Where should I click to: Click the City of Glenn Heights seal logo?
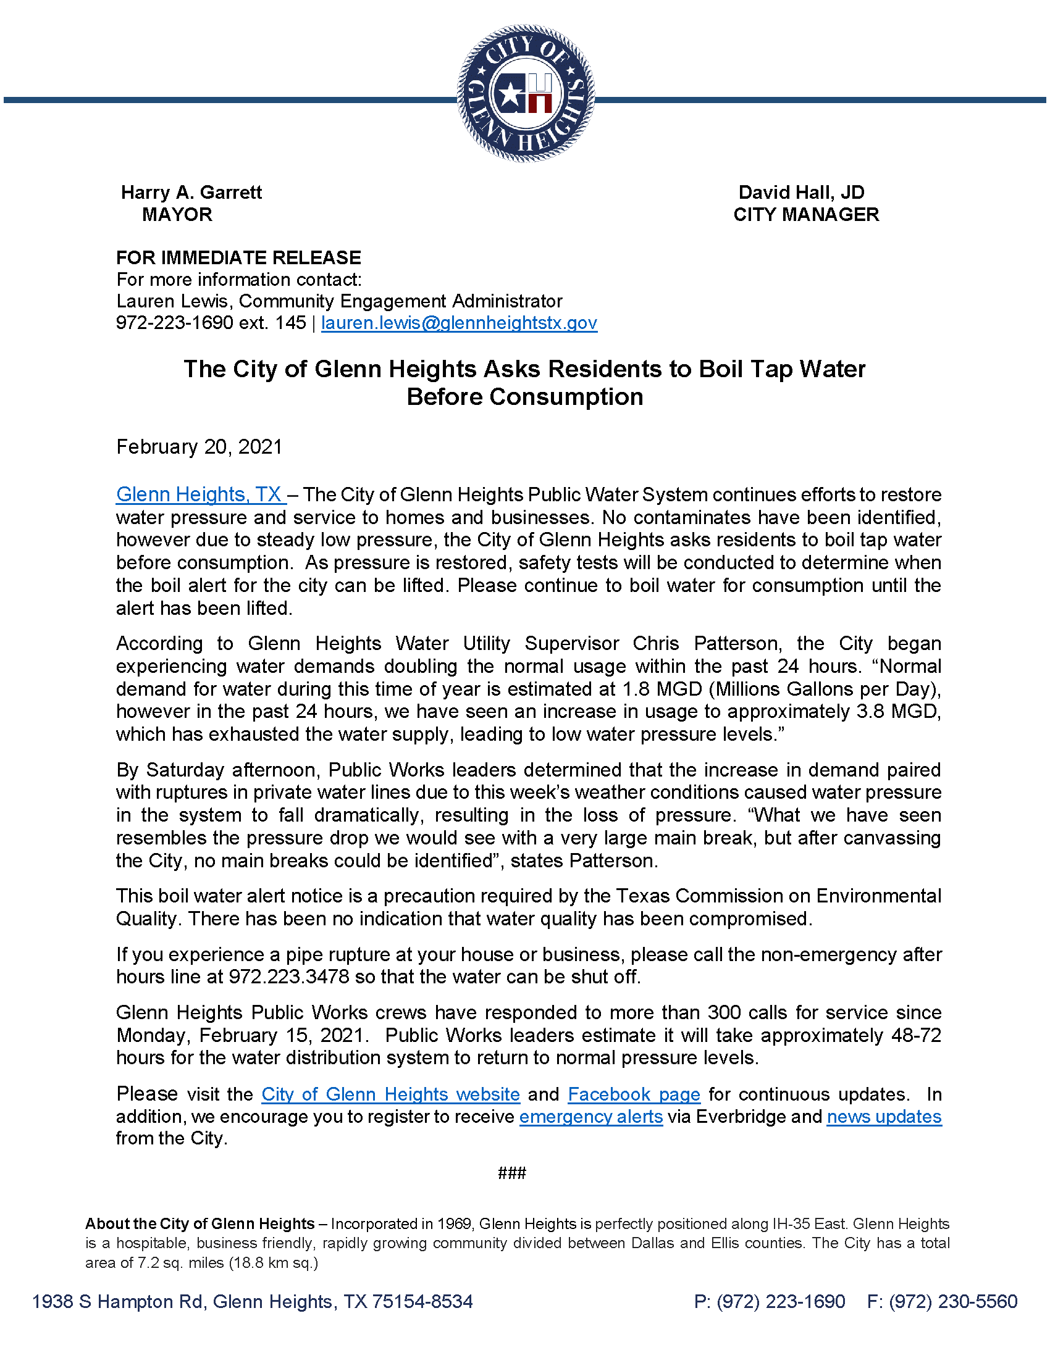526,93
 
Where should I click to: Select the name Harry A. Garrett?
191,192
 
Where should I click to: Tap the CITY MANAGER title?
805,215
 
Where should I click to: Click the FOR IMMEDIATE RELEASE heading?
238,257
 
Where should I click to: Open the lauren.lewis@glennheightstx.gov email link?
459,323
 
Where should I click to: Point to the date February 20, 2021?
199,446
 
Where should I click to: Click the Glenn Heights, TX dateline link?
200,494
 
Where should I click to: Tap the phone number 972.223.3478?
288,977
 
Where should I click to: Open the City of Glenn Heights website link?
390,1094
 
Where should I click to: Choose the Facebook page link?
634,1094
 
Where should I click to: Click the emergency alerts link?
591,1117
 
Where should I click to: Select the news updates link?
884,1117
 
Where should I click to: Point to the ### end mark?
512,1173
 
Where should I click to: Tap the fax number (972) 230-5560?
953,1301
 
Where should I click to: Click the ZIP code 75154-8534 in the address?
422,1301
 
